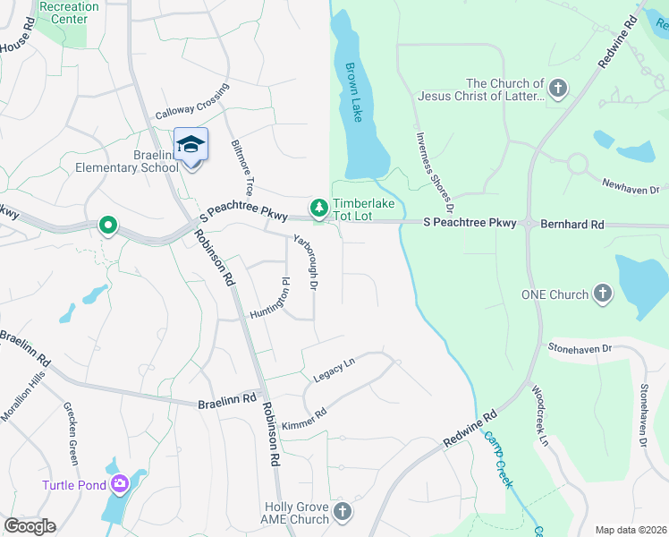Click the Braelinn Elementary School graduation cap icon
click(x=191, y=144)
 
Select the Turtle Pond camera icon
click(x=120, y=485)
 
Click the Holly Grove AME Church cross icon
click(x=342, y=513)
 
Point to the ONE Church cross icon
click(x=603, y=294)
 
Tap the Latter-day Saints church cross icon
click(x=558, y=89)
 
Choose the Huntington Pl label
click(x=271, y=299)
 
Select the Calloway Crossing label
click(x=192, y=102)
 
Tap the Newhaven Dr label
click(x=630, y=184)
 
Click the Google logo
click(x=30, y=526)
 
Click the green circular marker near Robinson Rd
click(x=107, y=225)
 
